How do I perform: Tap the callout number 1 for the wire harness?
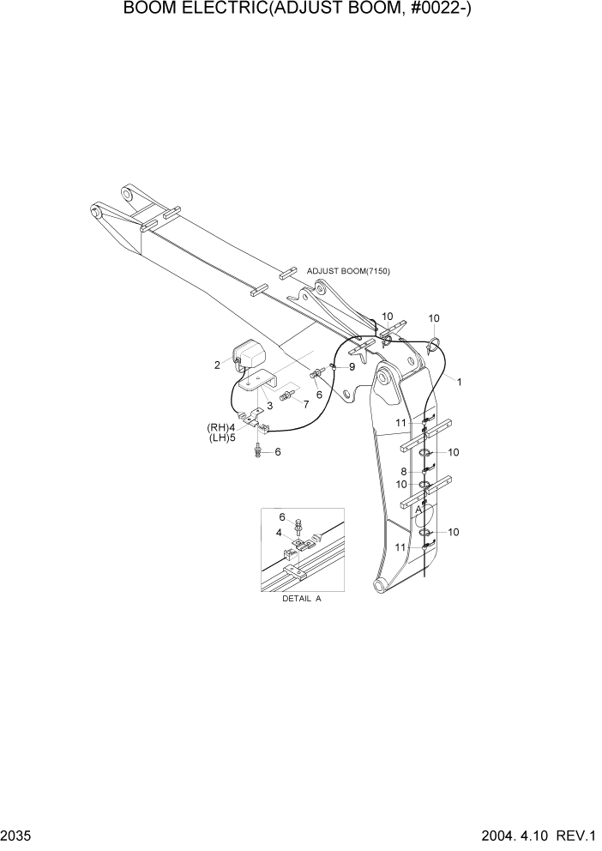click(x=459, y=382)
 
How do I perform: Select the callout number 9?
click(x=352, y=367)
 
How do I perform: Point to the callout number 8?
click(x=403, y=471)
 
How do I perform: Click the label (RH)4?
click(x=220, y=427)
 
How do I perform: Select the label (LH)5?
click(x=220, y=438)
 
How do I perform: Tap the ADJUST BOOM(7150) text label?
click(x=348, y=271)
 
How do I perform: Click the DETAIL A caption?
click(x=301, y=600)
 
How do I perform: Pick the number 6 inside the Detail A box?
click(x=282, y=516)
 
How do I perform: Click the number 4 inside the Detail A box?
click(x=278, y=533)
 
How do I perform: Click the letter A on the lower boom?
click(x=418, y=509)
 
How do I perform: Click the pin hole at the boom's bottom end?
click(x=377, y=585)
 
